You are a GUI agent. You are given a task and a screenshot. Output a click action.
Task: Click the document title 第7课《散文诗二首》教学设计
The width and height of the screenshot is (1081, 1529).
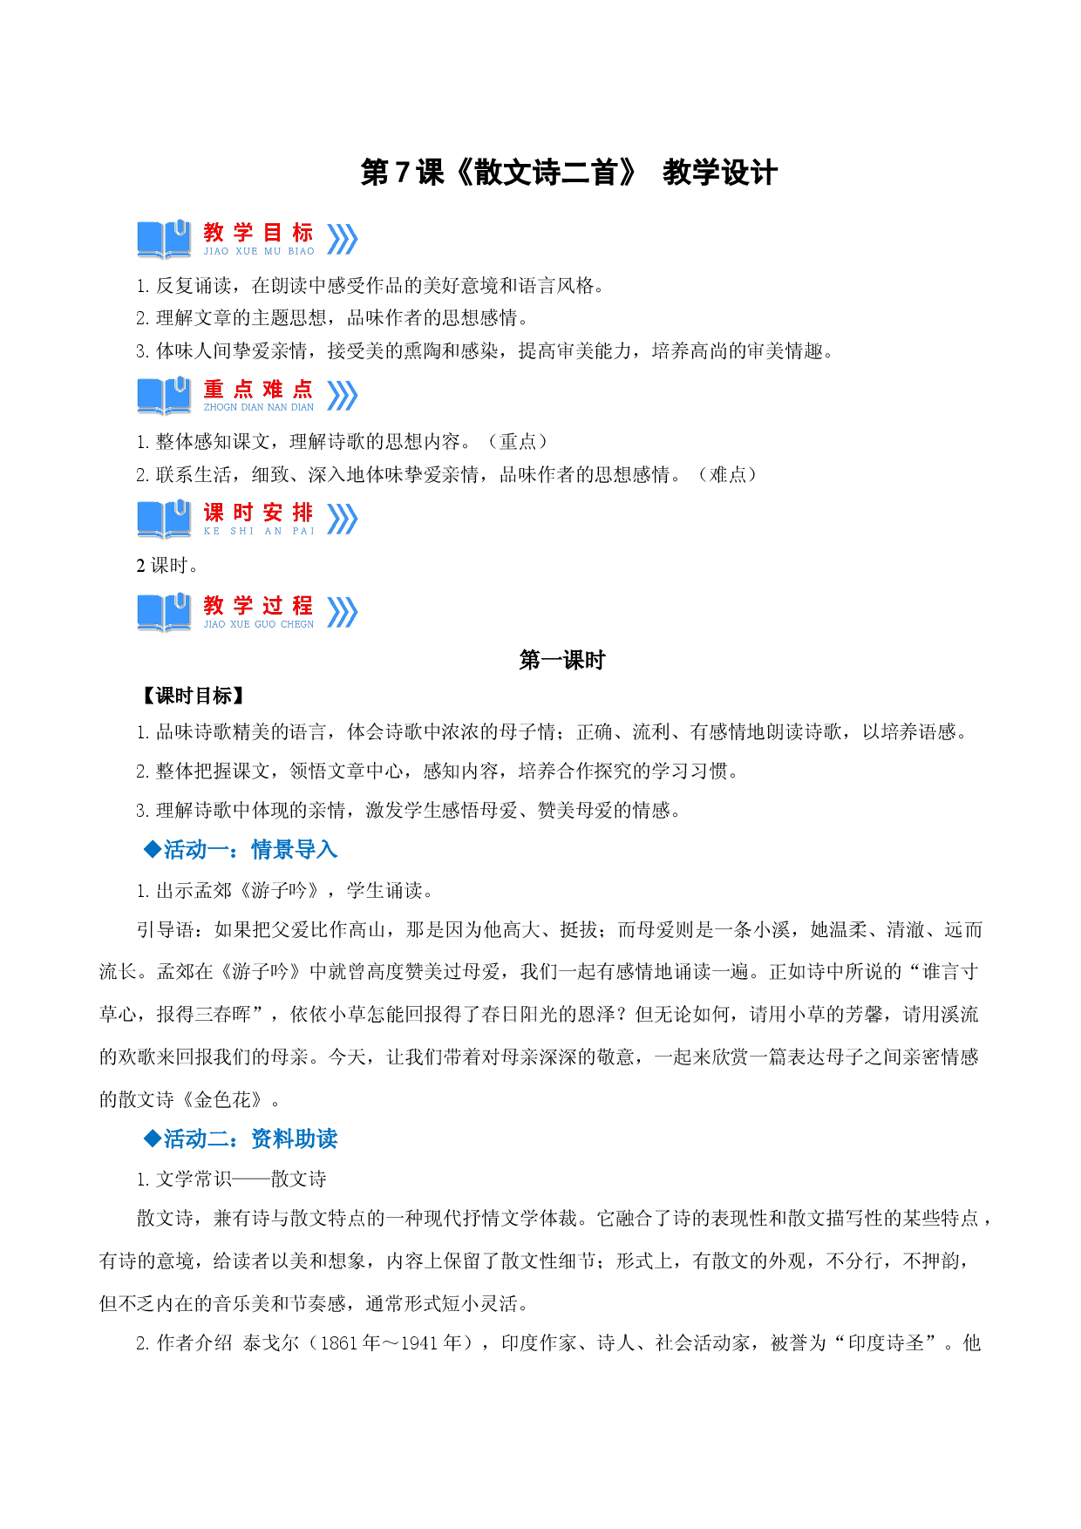tap(568, 173)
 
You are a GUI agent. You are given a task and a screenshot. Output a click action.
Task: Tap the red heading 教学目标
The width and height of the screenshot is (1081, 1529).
tap(258, 233)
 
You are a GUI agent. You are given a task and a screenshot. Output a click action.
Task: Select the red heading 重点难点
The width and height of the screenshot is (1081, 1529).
tap(258, 389)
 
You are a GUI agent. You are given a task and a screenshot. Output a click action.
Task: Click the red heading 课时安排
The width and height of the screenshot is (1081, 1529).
tap(258, 513)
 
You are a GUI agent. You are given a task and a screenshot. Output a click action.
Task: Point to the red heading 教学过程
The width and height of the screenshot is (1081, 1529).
tap(258, 605)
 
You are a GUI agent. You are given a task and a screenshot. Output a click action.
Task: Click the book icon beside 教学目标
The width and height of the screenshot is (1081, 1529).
tap(164, 239)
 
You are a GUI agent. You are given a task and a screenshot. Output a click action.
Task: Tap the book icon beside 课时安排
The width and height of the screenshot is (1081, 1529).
tap(164, 519)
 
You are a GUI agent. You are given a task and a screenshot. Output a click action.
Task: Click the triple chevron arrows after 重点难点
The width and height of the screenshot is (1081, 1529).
tap(343, 395)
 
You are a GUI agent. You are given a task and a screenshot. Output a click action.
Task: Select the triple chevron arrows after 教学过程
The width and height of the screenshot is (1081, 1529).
tap(343, 612)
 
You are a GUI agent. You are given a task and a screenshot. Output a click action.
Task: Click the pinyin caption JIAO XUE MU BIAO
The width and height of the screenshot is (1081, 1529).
tap(259, 251)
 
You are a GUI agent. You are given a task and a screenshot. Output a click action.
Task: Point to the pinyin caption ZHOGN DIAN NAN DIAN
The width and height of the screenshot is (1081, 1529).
tap(259, 407)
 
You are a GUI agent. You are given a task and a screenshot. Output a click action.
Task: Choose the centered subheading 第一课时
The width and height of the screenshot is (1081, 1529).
tap(562, 660)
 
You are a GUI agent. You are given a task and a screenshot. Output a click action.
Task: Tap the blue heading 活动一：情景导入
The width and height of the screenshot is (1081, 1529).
tap(241, 849)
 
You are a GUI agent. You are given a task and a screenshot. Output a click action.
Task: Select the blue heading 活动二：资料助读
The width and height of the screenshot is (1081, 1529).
tap(241, 1138)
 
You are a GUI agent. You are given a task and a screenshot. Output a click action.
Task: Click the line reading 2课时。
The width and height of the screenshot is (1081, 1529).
tap(167, 566)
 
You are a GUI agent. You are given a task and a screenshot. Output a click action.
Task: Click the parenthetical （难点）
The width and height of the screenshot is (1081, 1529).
tap(728, 475)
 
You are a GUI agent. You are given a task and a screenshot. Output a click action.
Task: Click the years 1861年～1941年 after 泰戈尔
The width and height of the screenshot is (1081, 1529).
tap(391, 1343)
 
